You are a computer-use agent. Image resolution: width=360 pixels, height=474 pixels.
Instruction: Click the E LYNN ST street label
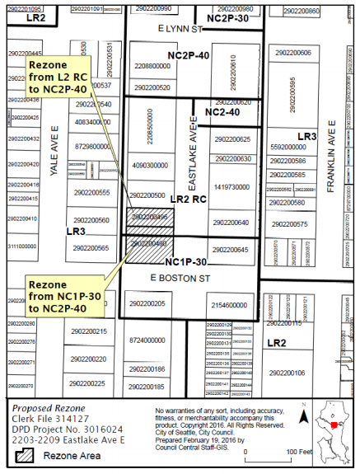[x=180, y=28]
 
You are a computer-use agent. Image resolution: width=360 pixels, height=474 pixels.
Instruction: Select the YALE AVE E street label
[x=56, y=152]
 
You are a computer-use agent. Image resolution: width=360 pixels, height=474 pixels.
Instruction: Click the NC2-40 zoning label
[x=222, y=111]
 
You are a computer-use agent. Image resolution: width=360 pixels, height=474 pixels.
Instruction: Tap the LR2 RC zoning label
[x=188, y=199]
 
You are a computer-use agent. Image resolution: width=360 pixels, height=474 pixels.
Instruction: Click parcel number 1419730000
[x=231, y=187]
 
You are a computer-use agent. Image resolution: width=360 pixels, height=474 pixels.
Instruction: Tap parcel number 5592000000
[x=288, y=146]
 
